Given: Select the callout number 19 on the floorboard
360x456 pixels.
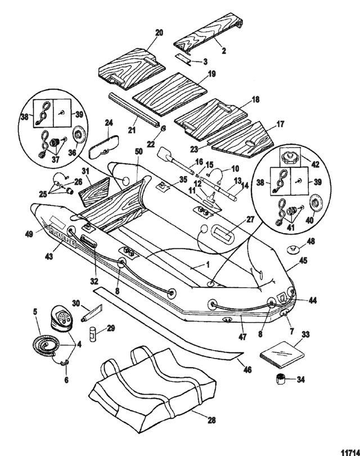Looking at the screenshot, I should coord(211,74).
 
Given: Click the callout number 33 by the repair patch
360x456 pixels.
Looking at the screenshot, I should coord(306,334).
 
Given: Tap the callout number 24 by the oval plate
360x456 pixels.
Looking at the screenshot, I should coord(109,122).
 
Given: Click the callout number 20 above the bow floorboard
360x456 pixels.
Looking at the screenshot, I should coord(159,32).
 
